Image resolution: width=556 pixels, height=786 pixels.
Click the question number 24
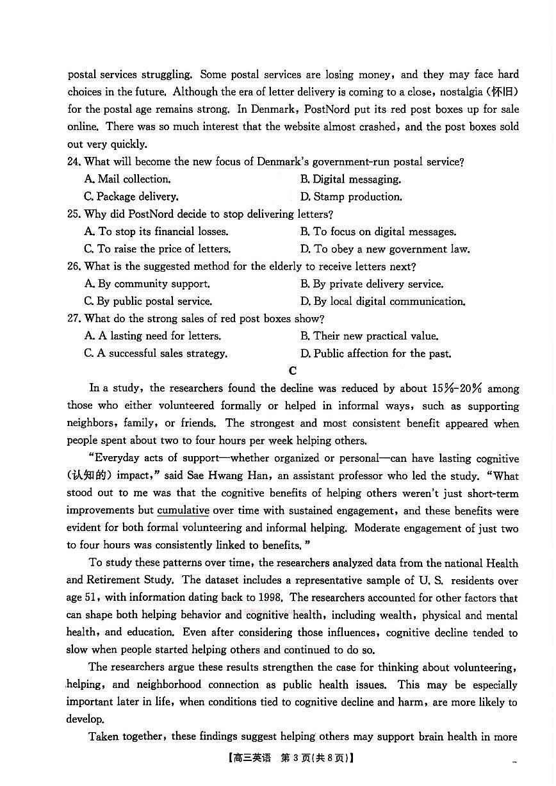pos(74,162)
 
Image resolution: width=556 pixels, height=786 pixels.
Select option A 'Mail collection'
pos(127,179)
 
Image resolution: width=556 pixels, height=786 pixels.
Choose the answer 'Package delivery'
pos(131,197)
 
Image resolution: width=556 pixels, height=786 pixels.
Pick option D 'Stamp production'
pos(351,197)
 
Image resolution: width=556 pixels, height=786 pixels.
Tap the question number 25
pos(74,214)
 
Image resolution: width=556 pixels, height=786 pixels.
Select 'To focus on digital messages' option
pos(378,232)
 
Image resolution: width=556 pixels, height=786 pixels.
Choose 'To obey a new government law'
pos(385,249)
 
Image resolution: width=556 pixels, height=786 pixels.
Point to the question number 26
pos(74,266)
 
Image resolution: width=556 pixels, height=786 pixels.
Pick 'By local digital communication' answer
pos(382,301)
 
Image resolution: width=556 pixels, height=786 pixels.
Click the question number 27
pos(74,318)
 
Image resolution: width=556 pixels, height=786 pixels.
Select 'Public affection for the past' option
pos(375,354)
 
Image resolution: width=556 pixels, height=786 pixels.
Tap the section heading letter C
pos(293,371)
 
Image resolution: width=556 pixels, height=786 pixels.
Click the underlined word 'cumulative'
pos(183,511)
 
